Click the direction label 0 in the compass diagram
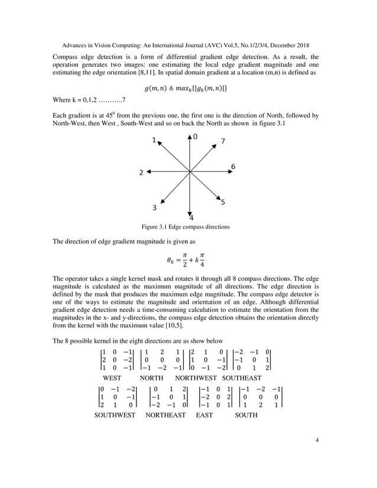196,136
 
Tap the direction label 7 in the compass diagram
222,141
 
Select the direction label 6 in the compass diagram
233,167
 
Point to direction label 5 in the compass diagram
222,202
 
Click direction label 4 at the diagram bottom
191,217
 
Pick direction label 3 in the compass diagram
155,207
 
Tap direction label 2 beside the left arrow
141,173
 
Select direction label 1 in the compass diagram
154,141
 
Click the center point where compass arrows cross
190,172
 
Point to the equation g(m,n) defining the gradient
188,89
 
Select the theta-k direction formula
188,261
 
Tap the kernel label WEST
112,378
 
